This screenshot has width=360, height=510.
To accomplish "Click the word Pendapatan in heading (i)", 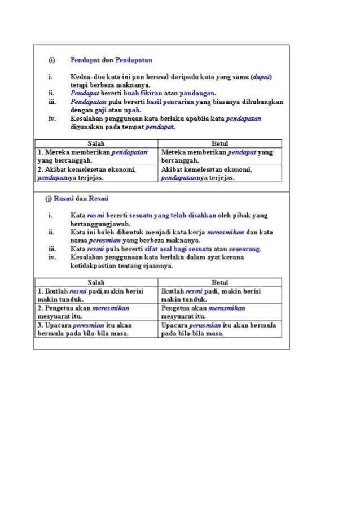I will (134, 59).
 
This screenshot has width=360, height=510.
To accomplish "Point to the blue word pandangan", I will (198, 93).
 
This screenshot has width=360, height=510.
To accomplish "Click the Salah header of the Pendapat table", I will (96, 144).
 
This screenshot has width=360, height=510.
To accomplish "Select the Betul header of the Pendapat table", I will (219, 144).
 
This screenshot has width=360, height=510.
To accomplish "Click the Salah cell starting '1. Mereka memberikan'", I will (96, 156).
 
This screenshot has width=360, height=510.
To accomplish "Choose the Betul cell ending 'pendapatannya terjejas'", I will (219, 173).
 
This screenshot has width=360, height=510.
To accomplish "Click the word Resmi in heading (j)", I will (99, 199).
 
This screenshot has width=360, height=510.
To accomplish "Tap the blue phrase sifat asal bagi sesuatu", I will (157, 249).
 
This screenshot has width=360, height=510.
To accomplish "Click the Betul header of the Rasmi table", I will (219, 282).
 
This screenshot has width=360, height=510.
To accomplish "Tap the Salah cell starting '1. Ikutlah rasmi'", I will (96, 295).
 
